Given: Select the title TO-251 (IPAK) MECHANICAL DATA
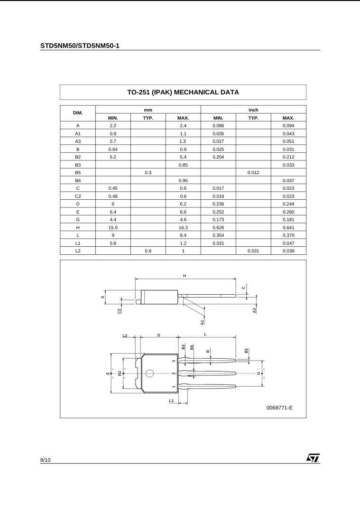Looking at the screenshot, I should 183,92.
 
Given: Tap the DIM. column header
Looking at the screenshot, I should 78,113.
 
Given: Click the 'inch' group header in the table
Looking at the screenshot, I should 253,110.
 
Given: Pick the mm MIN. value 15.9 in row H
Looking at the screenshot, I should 113,227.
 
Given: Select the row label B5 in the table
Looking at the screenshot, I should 78,173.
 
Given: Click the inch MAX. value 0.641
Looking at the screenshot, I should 288,227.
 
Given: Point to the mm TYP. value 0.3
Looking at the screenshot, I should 148,173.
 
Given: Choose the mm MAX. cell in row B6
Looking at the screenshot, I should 183,180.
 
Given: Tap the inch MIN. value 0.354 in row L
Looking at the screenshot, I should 218,235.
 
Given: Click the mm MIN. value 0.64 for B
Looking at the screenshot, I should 113,149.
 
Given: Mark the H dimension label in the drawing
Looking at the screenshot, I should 185,276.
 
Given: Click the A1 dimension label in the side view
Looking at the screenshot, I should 202,322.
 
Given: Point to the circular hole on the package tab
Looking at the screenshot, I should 149,373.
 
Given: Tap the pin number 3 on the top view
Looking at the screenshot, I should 174,361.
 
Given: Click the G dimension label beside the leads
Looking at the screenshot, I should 259,373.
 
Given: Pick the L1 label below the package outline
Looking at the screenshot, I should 172,400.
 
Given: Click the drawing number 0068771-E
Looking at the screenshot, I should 279,407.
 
